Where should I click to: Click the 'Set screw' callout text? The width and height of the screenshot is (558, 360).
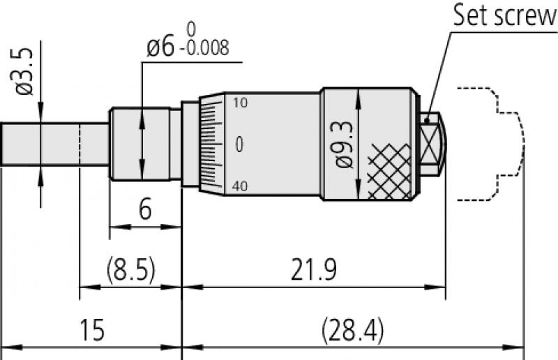pyautogui.click(x=505, y=15)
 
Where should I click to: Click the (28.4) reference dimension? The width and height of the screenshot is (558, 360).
pyautogui.click(x=352, y=329)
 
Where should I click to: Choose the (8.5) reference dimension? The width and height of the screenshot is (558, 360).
pyautogui.click(x=130, y=269)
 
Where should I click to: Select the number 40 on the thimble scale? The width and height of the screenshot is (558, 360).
pyautogui.click(x=240, y=186)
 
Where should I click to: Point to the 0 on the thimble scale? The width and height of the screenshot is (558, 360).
pyautogui.click(x=240, y=144)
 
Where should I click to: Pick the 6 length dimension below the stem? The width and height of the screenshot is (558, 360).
pyautogui.click(x=145, y=210)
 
